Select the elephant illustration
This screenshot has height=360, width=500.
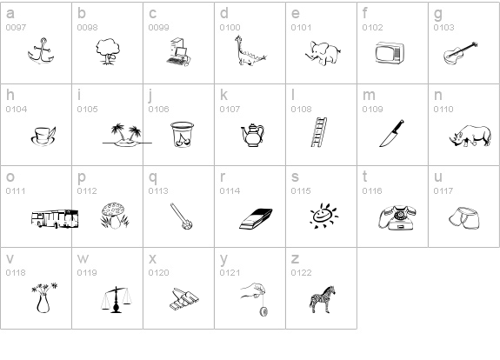point(323,53)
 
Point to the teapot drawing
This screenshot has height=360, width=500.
point(252,135)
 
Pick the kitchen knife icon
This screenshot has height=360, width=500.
point(391,133)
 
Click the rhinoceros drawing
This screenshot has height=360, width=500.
point(470,136)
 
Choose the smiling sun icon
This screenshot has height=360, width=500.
point(323,216)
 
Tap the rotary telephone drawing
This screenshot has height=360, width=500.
point(398,217)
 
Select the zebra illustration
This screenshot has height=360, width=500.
point(323,300)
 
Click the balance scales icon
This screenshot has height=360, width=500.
point(116,300)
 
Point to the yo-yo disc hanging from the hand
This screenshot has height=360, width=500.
point(263,311)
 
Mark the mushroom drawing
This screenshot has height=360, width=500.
point(114,216)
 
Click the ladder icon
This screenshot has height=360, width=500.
point(319,132)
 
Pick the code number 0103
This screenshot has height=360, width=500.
point(443,28)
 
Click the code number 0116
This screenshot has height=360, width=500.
point(372,191)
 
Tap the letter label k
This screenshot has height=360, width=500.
point(223,95)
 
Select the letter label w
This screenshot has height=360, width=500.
point(83,259)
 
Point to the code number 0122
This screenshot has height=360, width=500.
point(301,273)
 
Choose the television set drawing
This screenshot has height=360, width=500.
point(390,53)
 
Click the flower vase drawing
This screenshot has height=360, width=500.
point(43,297)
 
